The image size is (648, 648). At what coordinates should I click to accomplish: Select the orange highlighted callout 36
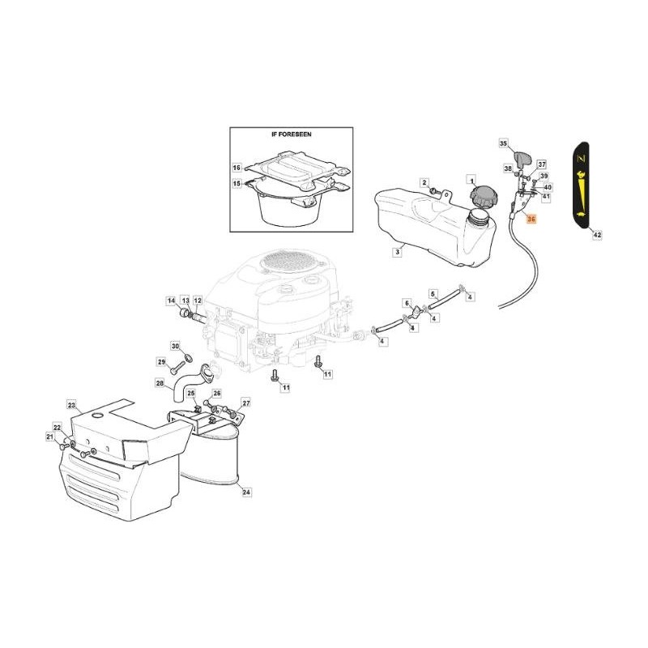[x=531, y=220]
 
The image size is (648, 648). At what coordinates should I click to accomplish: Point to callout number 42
[x=597, y=235]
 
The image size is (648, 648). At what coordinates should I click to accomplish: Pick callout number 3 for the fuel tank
[x=398, y=252]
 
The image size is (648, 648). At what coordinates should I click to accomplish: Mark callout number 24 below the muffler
[x=247, y=492]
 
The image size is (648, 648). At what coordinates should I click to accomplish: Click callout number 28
[x=160, y=382]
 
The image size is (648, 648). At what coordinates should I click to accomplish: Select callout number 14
[x=171, y=301]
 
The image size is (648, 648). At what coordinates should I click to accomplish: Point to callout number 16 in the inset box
[x=237, y=168]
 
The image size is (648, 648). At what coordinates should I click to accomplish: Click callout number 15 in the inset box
[x=237, y=184]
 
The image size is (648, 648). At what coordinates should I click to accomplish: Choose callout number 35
[x=502, y=143]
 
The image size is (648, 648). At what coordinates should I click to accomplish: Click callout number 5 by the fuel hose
[x=433, y=293]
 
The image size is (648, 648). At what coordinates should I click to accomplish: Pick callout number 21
[x=50, y=437]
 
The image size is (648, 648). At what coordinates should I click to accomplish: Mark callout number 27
[x=246, y=403]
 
